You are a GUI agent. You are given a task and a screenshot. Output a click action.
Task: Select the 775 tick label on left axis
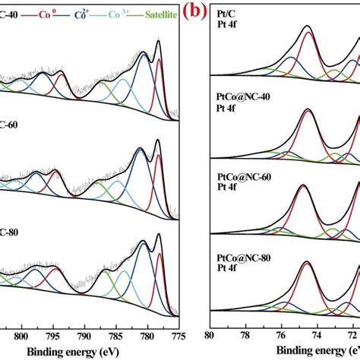[178, 332]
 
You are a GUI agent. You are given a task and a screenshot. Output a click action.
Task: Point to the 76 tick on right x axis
[281, 333]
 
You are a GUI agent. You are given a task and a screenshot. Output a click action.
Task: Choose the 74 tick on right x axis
[317, 333]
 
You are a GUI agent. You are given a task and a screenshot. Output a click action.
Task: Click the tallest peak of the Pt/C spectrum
[308, 29]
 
